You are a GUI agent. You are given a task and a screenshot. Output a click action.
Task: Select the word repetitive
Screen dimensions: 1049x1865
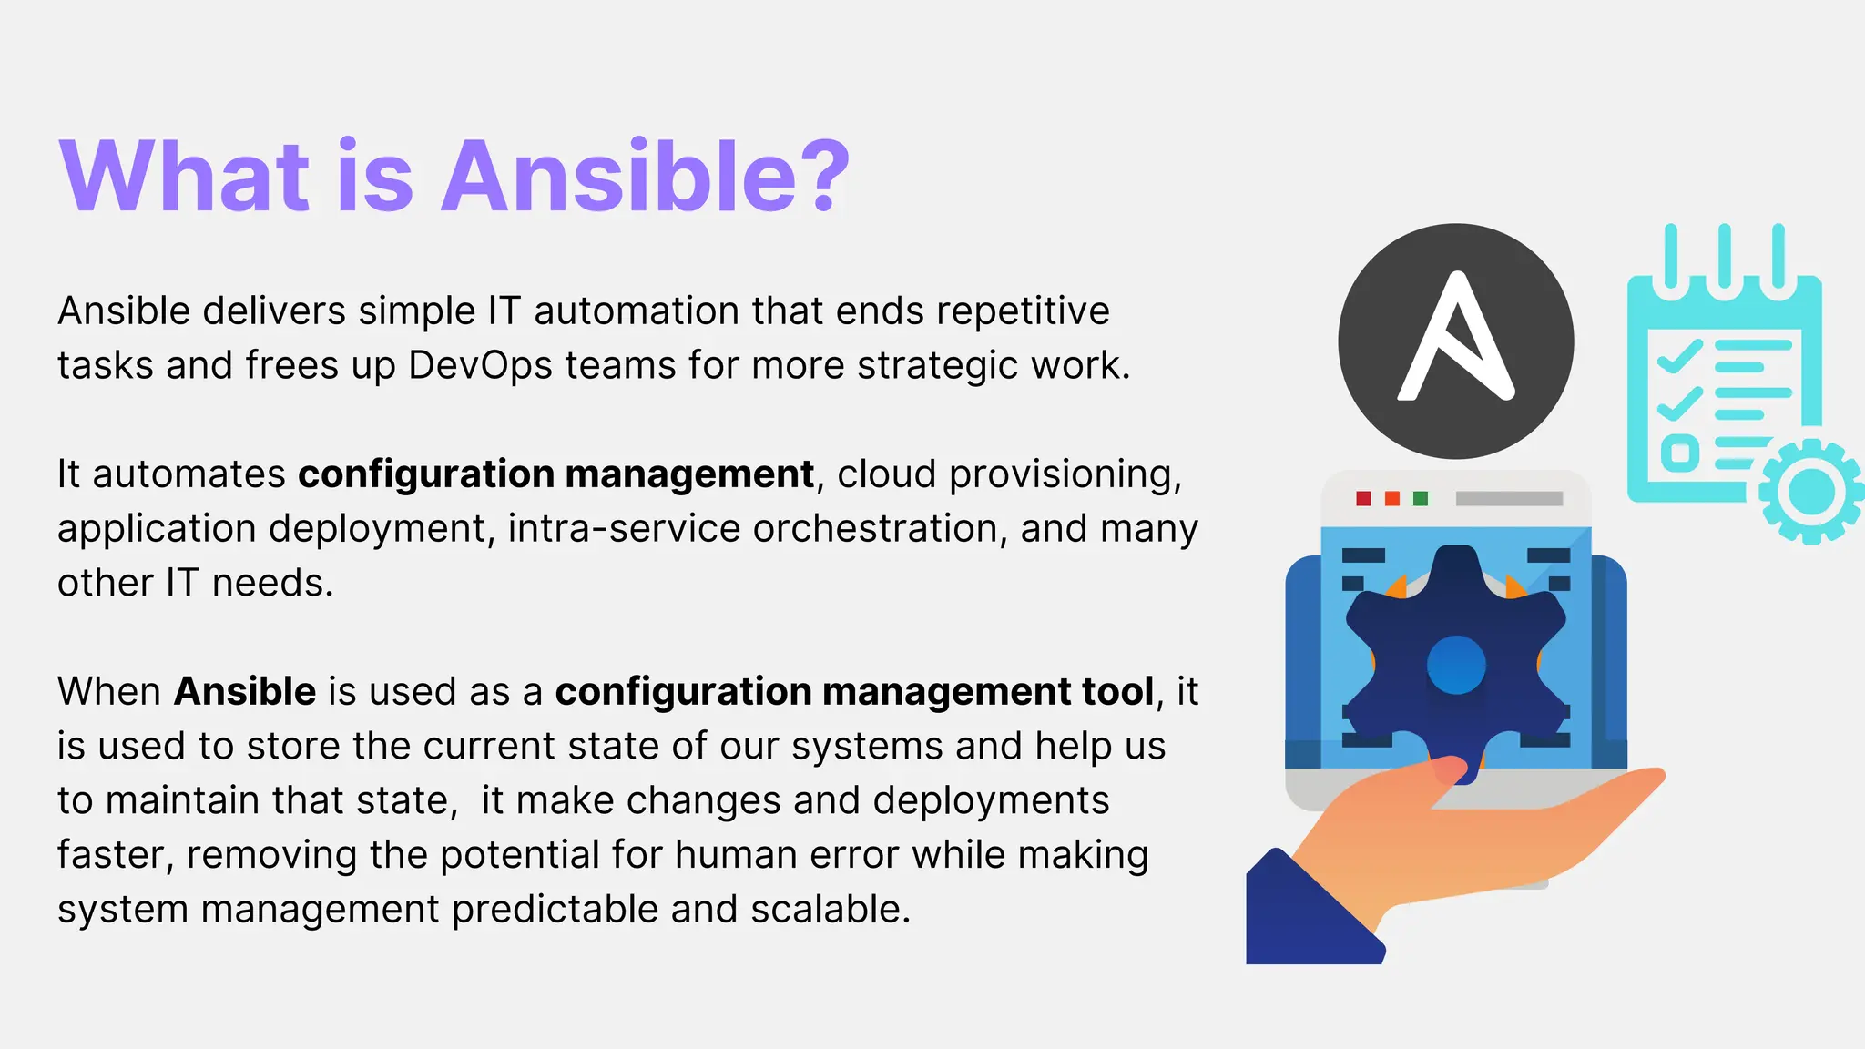pyautogui.click(x=1023, y=311)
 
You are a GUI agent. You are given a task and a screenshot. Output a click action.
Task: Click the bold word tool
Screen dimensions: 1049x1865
pyautogui.click(x=1117, y=692)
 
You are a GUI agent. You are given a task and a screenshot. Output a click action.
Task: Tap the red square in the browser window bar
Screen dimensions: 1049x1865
pyautogui.click(x=1363, y=498)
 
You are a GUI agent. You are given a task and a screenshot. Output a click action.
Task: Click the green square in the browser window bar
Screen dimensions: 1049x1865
pyautogui.click(x=1421, y=498)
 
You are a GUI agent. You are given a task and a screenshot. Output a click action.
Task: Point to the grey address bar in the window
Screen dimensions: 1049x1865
pyautogui.click(x=1509, y=498)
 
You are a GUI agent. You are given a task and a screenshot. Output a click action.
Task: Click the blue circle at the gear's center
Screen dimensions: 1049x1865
pyautogui.click(x=1456, y=665)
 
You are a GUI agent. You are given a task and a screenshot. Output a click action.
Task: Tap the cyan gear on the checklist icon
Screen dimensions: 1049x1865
pyautogui.click(x=1810, y=491)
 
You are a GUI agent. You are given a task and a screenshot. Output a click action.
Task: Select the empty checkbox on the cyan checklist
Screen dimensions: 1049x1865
pyautogui.click(x=1679, y=453)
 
